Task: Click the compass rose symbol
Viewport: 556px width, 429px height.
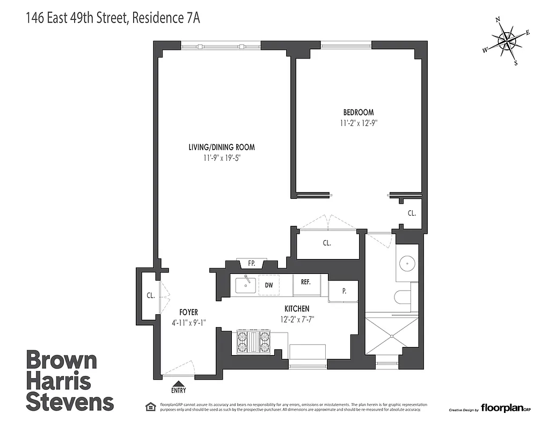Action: [x=506, y=41]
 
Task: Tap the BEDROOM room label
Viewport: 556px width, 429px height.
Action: [x=359, y=113]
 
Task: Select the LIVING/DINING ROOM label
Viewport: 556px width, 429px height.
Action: [x=221, y=147]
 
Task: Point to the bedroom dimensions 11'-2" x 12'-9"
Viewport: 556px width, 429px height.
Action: [x=359, y=122]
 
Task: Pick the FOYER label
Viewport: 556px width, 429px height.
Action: [x=188, y=312]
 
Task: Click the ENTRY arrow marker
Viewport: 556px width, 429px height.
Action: [x=179, y=387]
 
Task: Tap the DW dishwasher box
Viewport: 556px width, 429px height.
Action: [x=269, y=285]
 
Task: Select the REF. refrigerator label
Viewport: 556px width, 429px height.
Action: [x=306, y=282]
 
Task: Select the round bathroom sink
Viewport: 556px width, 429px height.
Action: [x=408, y=263]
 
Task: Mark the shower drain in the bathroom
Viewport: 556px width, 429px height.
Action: [x=392, y=336]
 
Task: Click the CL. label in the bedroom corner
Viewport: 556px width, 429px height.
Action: [x=412, y=213]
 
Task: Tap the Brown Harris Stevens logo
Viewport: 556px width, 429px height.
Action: [x=70, y=381]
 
